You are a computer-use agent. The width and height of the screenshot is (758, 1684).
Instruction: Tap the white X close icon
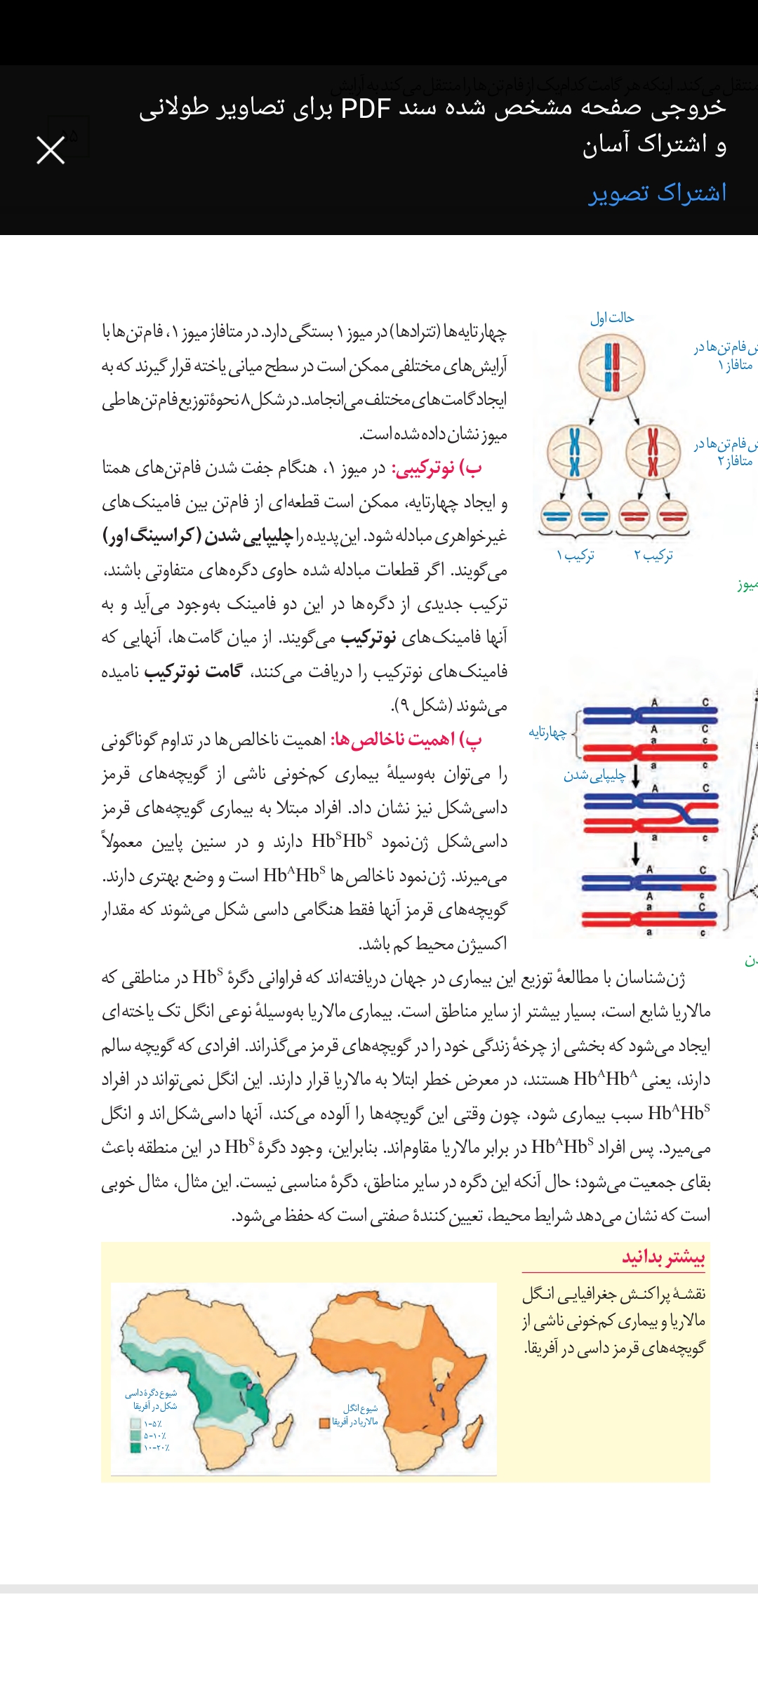(51, 150)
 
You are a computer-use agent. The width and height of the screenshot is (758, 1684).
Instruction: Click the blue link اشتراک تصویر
(657, 193)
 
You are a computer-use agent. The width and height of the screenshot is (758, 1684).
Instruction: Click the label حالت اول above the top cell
(611, 318)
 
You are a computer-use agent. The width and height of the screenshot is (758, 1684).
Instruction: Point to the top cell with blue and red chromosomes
(611, 366)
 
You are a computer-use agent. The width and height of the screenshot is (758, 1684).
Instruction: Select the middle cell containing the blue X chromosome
(575, 453)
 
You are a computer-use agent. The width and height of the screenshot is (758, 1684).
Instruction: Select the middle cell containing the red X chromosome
(653, 453)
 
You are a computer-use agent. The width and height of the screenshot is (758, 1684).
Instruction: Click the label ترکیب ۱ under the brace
(576, 556)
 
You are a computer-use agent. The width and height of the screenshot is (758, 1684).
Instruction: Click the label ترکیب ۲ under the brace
(653, 556)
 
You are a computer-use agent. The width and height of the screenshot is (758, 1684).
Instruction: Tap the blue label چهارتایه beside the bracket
(547, 733)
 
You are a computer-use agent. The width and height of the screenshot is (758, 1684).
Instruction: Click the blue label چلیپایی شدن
(594, 775)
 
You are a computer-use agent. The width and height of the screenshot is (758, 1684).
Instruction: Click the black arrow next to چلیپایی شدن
(636, 776)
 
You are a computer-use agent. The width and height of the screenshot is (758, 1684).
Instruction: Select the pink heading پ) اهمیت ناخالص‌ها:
(406, 740)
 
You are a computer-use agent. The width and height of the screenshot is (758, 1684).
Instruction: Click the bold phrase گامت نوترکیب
(193, 671)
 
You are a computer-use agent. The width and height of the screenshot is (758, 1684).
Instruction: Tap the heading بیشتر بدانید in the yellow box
(663, 1257)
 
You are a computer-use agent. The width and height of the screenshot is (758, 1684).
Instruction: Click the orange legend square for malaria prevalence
(324, 1423)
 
